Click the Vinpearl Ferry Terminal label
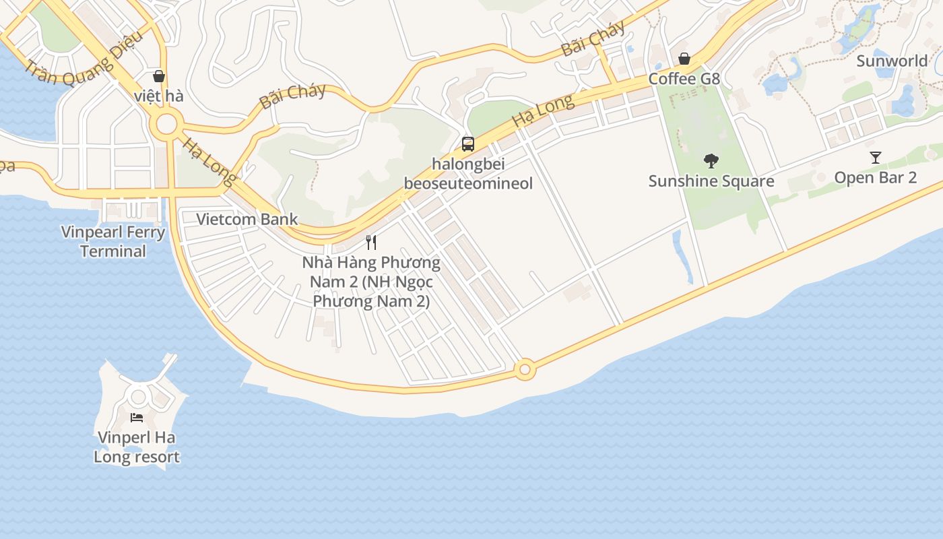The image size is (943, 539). (x=113, y=242)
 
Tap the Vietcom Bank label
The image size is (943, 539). (x=247, y=219)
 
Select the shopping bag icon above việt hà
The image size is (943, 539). (x=159, y=76)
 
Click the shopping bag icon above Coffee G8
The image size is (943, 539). (x=684, y=59)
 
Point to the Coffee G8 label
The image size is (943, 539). (x=684, y=79)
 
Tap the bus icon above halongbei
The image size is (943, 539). (x=467, y=144)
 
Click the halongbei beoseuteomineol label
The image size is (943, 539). (x=468, y=174)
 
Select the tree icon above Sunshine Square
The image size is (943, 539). (x=711, y=161)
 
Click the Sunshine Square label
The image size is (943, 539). (x=711, y=181)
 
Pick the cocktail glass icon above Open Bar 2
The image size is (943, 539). (x=875, y=158)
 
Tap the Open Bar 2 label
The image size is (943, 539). (x=875, y=177)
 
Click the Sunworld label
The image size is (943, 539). (x=892, y=61)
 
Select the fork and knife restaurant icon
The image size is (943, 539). (x=371, y=243)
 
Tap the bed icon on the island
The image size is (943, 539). (x=137, y=418)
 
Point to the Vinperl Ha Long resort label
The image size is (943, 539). (x=137, y=447)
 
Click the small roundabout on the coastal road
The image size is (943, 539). (x=525, y=370)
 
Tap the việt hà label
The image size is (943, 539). (x=158, y=96)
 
